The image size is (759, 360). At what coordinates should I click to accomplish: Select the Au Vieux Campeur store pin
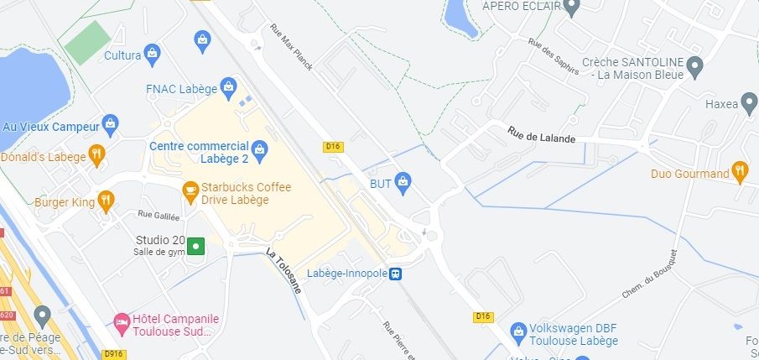(x=110, y=126)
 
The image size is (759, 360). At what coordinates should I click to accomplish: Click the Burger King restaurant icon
(x=105, y=201)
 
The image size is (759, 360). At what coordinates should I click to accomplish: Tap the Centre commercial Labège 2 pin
(x=260, y=151)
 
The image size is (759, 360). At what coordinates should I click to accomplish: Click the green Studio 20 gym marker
(x=195, y=246)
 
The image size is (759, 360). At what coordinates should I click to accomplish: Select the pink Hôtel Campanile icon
(x=122, y=323)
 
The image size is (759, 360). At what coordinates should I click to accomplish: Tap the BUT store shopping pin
(x=403, y=181)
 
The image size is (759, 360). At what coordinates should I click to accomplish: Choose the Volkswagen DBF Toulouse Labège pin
(x=519, y=333)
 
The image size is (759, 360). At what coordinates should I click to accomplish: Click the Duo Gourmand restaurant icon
(x=739, y=173)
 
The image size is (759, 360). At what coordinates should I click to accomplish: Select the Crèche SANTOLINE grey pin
(x=694, y=66)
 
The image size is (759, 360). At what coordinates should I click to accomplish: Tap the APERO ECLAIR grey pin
(x=573, y=8)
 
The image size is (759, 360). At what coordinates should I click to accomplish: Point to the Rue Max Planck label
(x=291, y=46)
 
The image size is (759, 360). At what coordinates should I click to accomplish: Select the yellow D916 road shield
(x=115, y=354)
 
